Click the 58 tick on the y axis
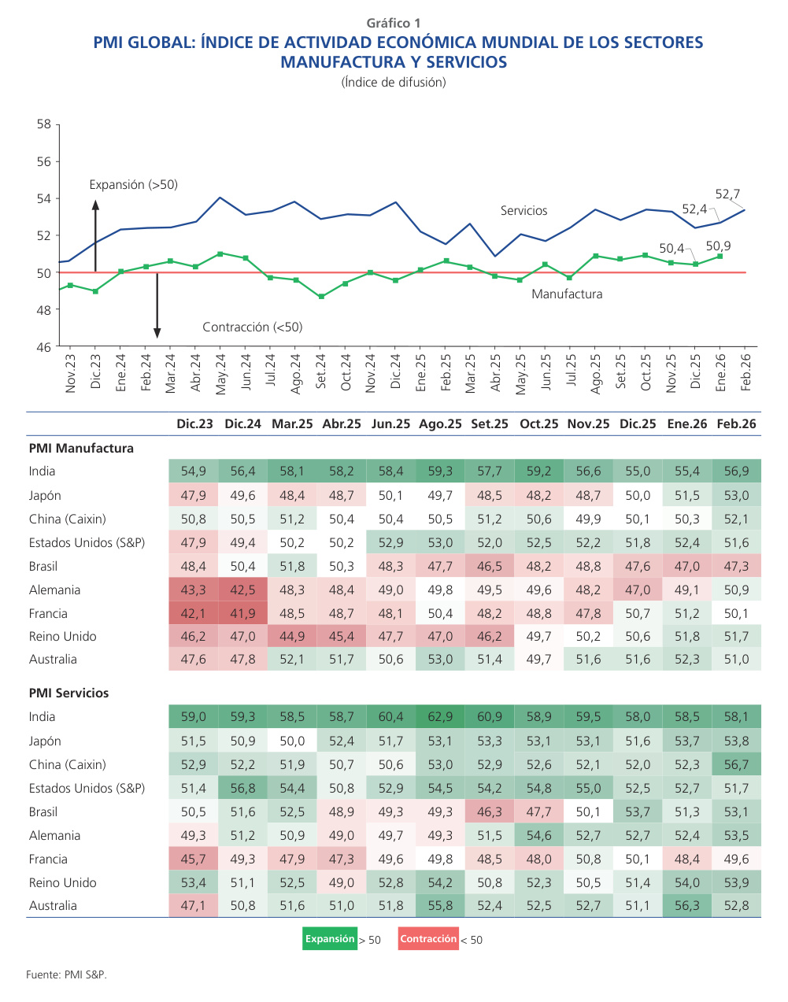(43, 124)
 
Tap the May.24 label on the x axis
(220, 374)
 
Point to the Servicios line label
(523, 211)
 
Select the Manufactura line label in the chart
(567, 294)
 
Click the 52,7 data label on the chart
(727, 194)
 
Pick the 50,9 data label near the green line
(718, 246)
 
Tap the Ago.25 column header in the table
(440, 424)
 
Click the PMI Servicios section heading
(68, 693)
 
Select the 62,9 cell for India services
(440, 717)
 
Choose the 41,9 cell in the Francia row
(242, 614)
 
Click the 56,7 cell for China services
(736, 765)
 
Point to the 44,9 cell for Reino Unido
(292, 637)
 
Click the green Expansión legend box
(330, 939)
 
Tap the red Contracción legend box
(427, 939)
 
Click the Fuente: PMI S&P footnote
(66, 975)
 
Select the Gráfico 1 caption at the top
(394, 24)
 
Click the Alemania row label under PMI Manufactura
(54, 590)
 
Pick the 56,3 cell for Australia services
(686, 906)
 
